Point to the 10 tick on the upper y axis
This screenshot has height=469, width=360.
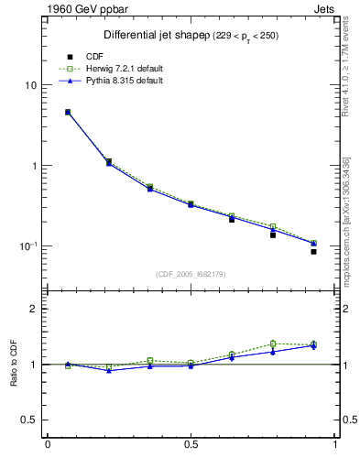click(31, 85)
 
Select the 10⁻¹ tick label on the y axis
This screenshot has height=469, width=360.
click(29, 245)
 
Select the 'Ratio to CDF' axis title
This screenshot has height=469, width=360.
click(13, 365)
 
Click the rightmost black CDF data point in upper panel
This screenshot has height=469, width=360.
click(313, 251)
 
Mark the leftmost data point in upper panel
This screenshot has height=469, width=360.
click(68, 112)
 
